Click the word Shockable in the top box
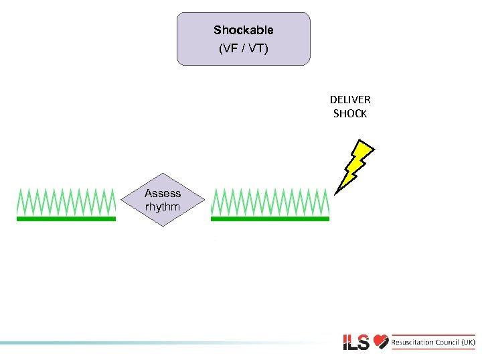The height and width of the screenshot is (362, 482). (243, 30)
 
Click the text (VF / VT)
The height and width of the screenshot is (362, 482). (243, 48)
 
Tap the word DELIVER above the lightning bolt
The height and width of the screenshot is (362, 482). (349, 99)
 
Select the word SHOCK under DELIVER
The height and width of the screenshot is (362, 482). (349, 114)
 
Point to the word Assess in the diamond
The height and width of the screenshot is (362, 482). (163, 193)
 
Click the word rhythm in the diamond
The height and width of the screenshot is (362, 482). (163, 206)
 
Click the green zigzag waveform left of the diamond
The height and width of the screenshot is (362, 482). (66, 200)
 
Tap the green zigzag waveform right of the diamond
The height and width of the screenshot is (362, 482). (270, 200)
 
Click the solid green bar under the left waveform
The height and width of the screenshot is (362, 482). (66, 219)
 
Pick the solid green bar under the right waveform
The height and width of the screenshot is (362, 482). (270, 219)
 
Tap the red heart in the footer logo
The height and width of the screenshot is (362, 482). (381, 342)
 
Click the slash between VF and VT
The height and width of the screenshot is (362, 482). (243, 48)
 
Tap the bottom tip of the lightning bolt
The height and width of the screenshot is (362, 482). (335, 192)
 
